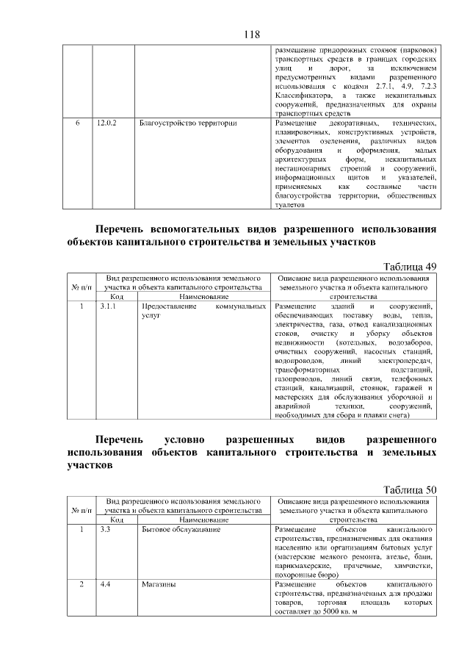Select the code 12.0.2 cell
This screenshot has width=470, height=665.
[107, 123]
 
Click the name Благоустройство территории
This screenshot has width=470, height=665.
[188, 123]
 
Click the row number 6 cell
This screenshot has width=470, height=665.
[77, 123]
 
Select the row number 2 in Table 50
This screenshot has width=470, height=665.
[82, 584]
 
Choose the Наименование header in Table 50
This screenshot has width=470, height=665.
[202, 520]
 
